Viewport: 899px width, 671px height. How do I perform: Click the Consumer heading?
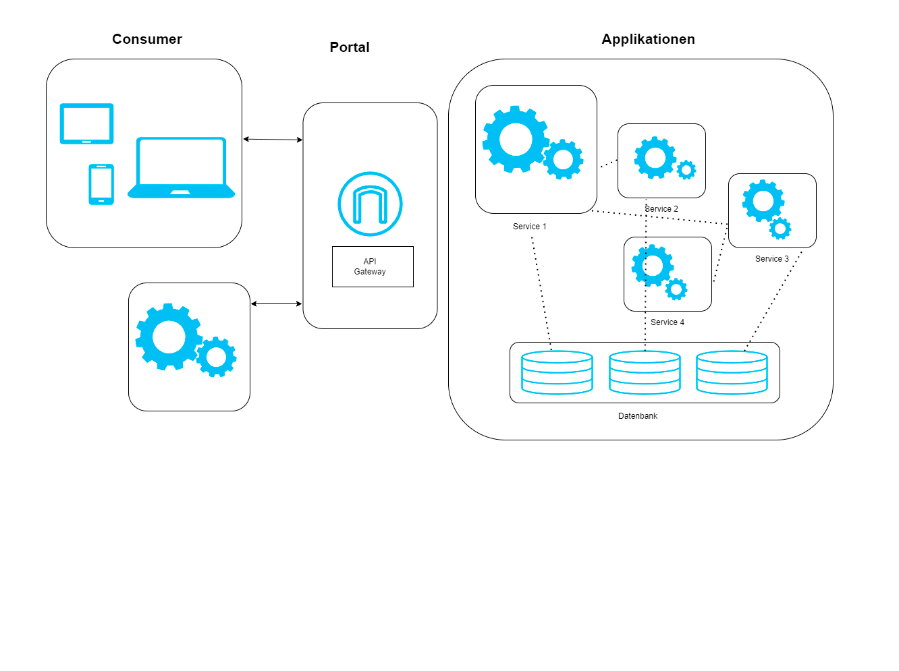[147, 39]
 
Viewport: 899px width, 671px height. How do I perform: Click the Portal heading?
[350, 47]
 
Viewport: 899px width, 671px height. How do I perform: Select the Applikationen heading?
[648, 39]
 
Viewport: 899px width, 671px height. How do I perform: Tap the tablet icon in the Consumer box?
[86, 123]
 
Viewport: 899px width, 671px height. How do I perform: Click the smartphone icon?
[101, 184]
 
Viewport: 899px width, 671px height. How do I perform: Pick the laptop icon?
[181, 169]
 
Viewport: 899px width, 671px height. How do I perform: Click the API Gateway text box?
[373, 267]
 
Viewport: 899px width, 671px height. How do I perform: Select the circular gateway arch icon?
[370, 204]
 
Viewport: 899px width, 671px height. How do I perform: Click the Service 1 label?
[530, 227]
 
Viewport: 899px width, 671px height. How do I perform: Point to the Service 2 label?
[662, 209]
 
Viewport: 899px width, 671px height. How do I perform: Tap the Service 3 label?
[772, 259]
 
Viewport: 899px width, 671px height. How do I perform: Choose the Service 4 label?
[668, 322]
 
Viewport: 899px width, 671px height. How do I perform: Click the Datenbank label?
[638, 416]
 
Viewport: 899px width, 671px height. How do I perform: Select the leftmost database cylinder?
[557, 372]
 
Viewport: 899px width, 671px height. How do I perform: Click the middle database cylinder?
[645, 372]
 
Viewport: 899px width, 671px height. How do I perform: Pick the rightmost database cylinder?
[732, 372]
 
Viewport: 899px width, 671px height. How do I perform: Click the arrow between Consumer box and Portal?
[273, 140]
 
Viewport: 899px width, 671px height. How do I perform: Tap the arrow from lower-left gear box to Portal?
[277, 304]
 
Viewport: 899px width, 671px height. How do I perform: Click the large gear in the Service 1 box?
[516, 140]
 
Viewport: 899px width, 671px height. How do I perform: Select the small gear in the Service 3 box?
[780, 229]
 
